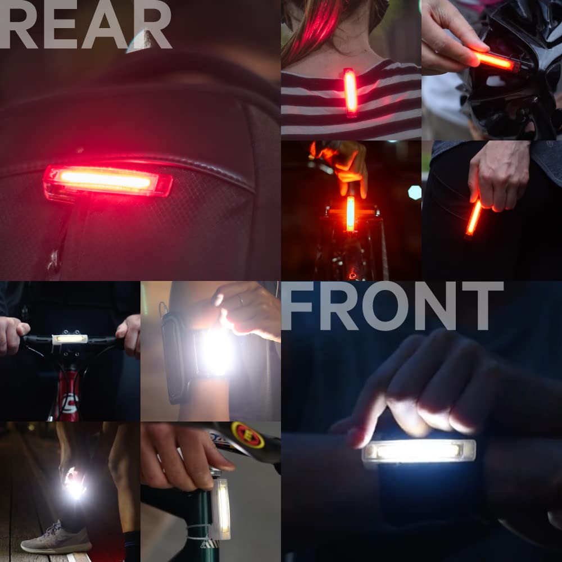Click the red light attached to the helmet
point(495,61)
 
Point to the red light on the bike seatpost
point(350,213)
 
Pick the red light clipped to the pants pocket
point(473,217)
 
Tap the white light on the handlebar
point(70,339)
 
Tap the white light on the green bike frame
point(221,509)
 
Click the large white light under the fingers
point(419,451)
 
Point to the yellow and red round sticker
point(248,435)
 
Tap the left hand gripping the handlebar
point(12,334)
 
